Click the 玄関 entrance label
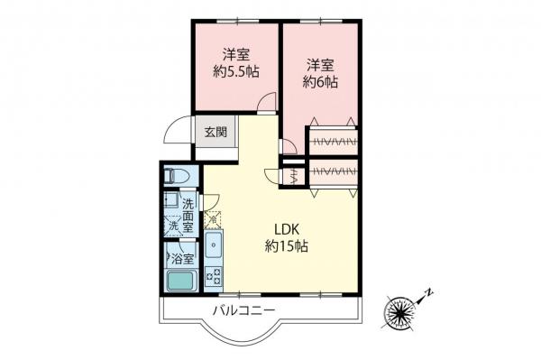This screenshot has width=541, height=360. [x=215, y=132]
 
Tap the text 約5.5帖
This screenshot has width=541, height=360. [x=236, y=72]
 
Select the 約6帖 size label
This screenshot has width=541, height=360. [x=320, y=81]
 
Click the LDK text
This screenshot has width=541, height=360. [x=287, y=227]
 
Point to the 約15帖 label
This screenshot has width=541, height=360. [x=287, y=245]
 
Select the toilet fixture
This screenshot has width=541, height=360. [x=177, y=175]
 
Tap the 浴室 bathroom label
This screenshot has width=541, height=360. [x=183, y=257]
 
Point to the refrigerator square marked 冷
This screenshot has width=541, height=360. [x=213, y=218]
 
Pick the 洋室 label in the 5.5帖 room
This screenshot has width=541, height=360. [x=236, y=52]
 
